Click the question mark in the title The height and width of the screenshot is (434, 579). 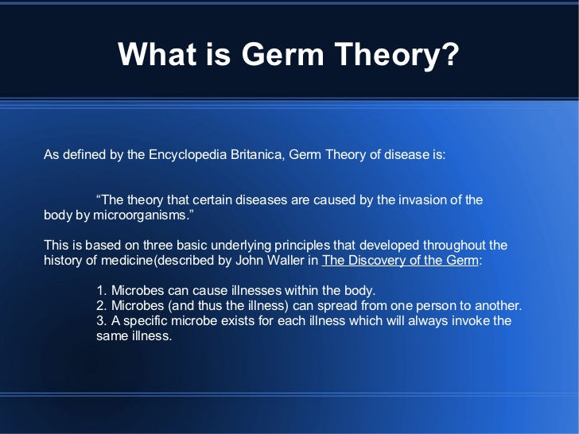449,54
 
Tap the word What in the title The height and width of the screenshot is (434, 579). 157,54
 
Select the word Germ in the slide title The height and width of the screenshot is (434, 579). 282,54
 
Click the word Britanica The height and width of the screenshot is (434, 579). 258,154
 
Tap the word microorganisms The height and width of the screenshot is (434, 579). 141,215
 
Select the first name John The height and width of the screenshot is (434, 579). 249,260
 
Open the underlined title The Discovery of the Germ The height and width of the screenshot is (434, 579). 400,260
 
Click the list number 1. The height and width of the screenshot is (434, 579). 102,290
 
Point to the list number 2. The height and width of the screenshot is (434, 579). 102,305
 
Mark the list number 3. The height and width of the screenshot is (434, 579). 102,320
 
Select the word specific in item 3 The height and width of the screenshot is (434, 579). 145,321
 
